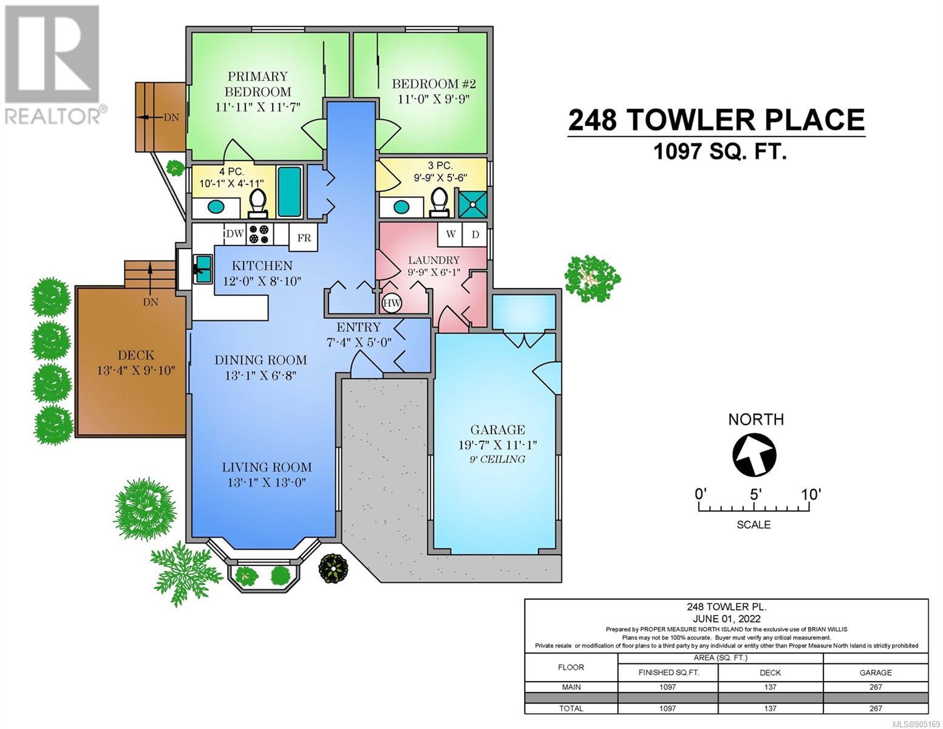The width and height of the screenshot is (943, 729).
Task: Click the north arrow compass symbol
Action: click(x=754, y=456)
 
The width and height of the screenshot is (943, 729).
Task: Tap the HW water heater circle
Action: click(x=392, y=303)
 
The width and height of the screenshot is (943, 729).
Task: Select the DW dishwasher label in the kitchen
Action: click(x=235, y=234)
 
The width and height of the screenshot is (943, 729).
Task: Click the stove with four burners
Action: click(x=260, y=234)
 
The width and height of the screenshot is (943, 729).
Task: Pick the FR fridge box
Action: click(x=304, y=238)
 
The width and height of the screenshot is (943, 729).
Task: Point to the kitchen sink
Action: click(x=202, y=269)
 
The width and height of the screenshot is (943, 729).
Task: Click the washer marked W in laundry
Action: click(x=451, y=234)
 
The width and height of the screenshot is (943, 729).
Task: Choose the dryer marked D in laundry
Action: click(x=475, y=234)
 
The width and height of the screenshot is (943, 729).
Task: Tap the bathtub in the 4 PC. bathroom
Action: click(x=290, y=191)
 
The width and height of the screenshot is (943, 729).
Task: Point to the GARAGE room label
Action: click(x=498, y=430)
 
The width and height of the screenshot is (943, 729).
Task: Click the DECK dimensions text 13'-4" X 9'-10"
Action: click(x=136, y=371)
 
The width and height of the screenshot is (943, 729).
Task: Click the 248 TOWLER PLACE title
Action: click(x=717, y=120)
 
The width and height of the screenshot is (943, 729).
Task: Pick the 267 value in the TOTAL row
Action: click(x=876, y=708)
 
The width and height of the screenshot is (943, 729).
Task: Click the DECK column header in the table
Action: click(x=771, y=673)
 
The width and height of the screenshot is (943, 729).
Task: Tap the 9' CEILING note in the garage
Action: click(x=497, y=459)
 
